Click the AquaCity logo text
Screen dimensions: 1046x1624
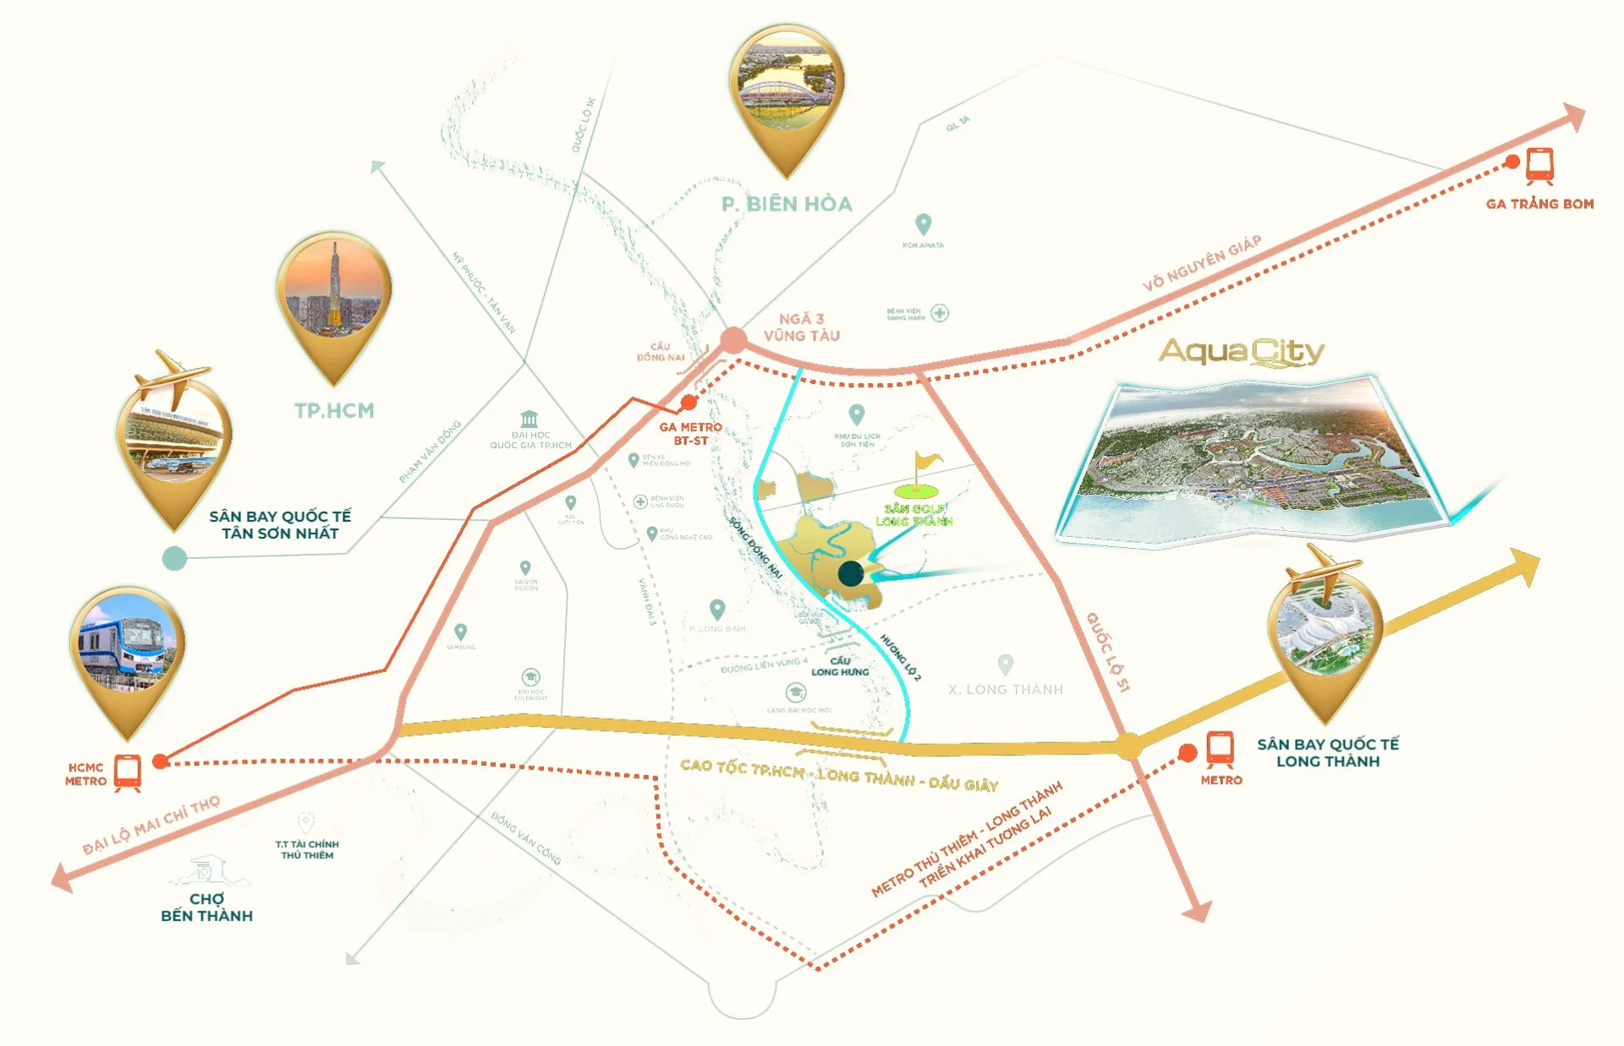pyautogui.click(x=1241, y=352)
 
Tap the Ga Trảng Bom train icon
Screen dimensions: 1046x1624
pyautogui.click(x=1539, y=166)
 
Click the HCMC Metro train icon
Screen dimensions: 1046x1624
pyautogui.click(x=128, y=772)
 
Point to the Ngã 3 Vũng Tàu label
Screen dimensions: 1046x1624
pyautogui.click(x=801, y=327)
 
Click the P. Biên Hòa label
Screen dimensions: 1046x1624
pyautogui.click(x=787, y=204)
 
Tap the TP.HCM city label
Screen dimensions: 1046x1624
pyautogui.click(x=334, y=411)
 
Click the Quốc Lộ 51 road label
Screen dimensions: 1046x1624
pyautogui.click(x=1108, y=652)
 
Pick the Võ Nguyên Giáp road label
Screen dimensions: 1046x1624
pyautogui.click(x=1202, y=263)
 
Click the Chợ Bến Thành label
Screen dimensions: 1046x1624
pyautogui.click(x=206, y=907)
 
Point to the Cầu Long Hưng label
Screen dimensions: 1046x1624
pyautogui.click(x=840, y=666)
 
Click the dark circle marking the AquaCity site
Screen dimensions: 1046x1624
pyautogui.click(x=851, y=573)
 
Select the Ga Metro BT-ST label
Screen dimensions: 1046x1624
pyautogui.click(x=690, y=434)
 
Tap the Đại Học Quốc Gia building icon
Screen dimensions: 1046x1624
pyautogui.click(x=529, y=419)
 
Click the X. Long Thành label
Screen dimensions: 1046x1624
pyautogui.click(x=1005, y=689)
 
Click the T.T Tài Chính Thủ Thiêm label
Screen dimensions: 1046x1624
pyautogui.click(x=307, y=849)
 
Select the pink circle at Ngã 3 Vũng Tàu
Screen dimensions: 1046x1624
pyautogui.click(x=733, y=341)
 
